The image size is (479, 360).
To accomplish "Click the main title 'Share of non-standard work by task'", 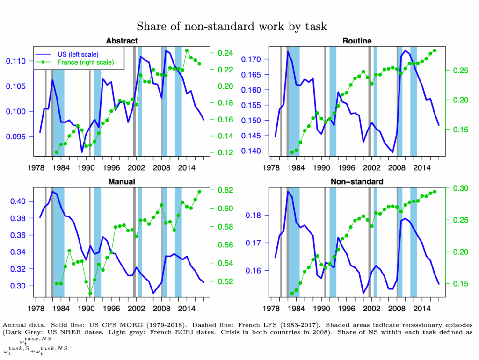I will (x=232, y=26).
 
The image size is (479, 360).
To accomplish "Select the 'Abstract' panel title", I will (x=122, y=41).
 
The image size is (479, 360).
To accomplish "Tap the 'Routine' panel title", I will (x=356, y=41).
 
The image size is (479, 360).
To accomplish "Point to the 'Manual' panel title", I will (x=121, y=181).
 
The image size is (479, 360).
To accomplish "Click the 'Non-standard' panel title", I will (x=357, y=181).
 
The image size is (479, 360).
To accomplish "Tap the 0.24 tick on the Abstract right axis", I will (x=227, y=53).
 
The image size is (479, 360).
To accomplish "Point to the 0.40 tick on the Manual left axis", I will (x=21, y=202).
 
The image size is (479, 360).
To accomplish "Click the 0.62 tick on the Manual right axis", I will (x=227, y=190).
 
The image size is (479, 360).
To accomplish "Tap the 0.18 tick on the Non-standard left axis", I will (x=255, y=215).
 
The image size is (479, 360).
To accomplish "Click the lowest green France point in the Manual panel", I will (x=90, y=294).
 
